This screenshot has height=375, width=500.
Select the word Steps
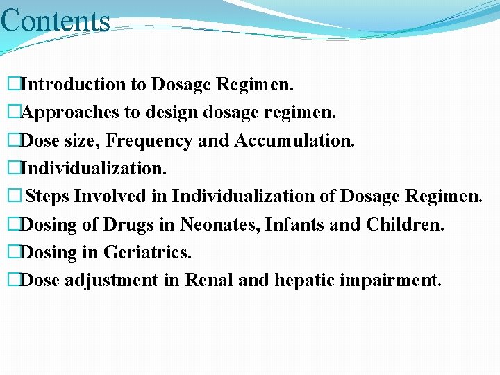pyautogui.click(x=47, y=197)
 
